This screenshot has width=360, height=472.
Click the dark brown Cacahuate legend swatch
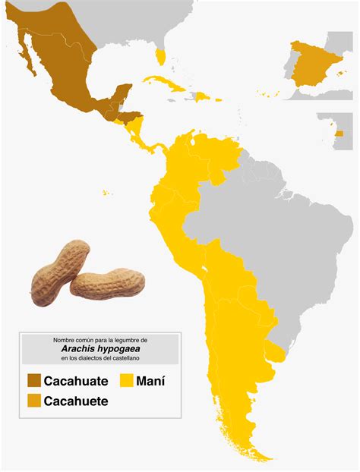coord(34,379)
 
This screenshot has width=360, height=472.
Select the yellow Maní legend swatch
coord(127,379)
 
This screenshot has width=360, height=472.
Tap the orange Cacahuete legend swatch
coord(34,400)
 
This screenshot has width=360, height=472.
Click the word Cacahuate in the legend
coord(76,380)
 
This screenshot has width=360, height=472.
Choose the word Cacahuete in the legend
coord(76,401)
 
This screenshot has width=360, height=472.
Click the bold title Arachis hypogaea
coord(101,348)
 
